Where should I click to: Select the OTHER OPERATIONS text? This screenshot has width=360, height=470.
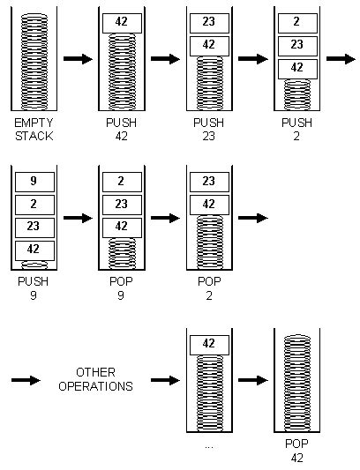[104, 379]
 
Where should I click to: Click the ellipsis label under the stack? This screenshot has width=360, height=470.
[209, 446]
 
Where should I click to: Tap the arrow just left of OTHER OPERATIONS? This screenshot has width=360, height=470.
[26, 379]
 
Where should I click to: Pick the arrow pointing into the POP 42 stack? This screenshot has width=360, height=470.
[253, 379]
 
